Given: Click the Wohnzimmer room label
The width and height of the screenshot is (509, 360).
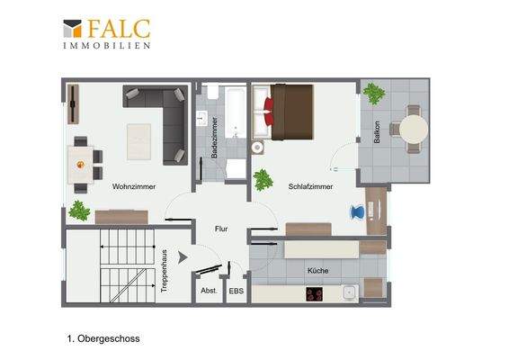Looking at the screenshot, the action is coord(134,187).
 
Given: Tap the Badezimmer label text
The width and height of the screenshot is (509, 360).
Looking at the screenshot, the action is coord(214,138).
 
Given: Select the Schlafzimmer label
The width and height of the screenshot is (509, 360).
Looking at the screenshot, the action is coord(310,187).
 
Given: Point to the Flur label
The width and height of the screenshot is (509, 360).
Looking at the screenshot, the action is coord(221,229).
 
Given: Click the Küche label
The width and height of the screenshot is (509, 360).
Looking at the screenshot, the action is coord(317,271).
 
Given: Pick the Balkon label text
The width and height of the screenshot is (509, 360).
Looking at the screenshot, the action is coord(377,132).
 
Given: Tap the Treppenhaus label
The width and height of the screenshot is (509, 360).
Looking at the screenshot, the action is coord(165,271).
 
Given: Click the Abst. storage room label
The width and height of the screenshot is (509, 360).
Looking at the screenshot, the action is coord(209,291).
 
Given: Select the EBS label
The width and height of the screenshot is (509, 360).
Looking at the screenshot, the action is coord(236,291).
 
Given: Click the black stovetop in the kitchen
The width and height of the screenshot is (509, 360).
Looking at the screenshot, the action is coord(314,294).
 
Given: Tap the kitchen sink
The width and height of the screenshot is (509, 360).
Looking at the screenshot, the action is coord(350,292).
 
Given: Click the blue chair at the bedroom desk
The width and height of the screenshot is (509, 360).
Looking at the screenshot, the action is coord(357,212).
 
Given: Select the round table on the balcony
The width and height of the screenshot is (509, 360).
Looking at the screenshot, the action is coord(414,129).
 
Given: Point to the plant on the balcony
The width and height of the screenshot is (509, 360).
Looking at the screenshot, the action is coord(374,94).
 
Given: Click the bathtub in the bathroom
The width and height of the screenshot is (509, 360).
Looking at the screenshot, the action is coord(235,112).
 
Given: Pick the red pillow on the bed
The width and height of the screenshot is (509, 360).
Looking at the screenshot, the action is coord(269,112).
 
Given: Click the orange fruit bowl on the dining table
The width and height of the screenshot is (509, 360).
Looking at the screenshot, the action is coord(80,165).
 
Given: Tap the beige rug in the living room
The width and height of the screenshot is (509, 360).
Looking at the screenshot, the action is coord(138,141).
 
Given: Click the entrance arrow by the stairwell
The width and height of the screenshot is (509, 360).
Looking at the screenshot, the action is coord(183,257).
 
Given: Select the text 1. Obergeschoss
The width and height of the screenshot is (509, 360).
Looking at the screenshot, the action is coord(103,339).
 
